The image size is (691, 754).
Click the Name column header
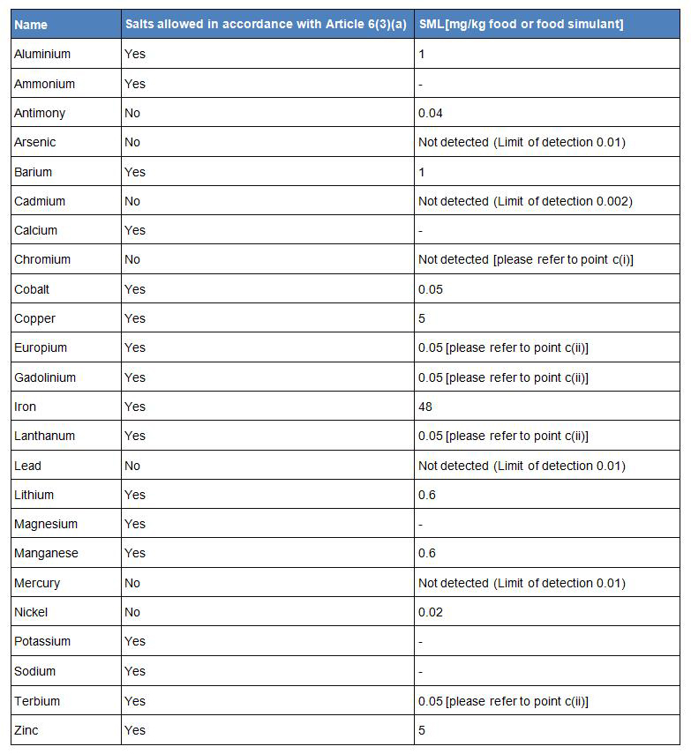[31, 25]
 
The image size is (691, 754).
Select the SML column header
[521, 25]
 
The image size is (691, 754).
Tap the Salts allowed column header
[266, 25]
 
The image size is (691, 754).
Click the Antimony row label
[40, 113]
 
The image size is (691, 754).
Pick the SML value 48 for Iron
[425, 407]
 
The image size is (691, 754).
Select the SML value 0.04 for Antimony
[431, 113]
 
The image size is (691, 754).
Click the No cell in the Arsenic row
[132, 142]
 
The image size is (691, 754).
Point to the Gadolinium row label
[45, 377]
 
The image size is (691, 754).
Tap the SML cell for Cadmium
[525, 201]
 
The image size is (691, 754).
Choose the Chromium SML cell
[526, 259]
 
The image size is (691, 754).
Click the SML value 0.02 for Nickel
[431, 612]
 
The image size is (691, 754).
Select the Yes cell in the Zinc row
[135, 730]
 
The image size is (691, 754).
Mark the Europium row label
[41, 347]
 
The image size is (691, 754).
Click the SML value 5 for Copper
[422, 318]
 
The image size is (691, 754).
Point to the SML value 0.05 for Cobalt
[431, 289]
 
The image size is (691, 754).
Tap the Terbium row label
[37, 701]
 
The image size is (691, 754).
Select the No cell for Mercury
[132, 583]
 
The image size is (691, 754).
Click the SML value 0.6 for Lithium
[427, 495]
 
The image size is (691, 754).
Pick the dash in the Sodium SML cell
[421, 671]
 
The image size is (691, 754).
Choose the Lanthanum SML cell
[503, 436]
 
